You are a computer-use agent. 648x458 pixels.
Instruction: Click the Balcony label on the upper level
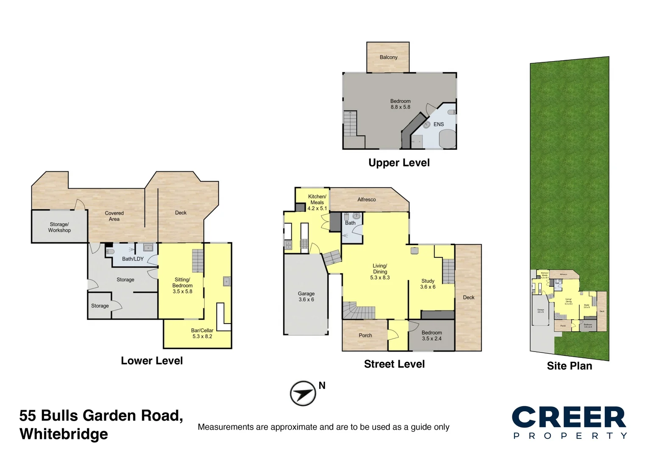tap(388, 57)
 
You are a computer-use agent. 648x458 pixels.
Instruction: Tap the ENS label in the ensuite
tap(439, 124)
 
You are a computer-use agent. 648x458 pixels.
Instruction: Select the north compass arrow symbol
tap(303, 394)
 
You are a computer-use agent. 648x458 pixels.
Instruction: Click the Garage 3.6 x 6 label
tap(306, 296)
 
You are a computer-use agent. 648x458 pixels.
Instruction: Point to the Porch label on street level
tap(365, 335)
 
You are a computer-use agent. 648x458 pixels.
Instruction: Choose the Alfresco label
tap(366, 199)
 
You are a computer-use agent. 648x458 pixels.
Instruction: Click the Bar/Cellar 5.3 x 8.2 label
tap(202, 333)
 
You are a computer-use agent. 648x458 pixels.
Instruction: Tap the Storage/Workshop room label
tap(59, 227)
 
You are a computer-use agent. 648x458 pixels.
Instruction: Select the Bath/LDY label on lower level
tap(133, 259)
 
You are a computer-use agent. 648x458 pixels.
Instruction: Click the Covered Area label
tap(114, 216)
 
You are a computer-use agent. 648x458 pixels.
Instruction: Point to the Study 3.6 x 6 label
tap(428, 284)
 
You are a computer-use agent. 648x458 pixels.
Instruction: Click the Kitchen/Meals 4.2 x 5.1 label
tap(317, 202)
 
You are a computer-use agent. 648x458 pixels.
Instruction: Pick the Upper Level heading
tap(399, 163)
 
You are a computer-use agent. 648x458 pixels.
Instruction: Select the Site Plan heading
tap(569, 366)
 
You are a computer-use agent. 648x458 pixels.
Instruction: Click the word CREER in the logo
tap(569, 417)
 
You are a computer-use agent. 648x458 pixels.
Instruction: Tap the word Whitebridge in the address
tap(64, 434)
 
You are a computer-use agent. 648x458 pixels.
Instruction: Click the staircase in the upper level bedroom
tap(350, 123)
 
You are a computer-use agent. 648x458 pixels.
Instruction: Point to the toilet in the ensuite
tap(452, 112)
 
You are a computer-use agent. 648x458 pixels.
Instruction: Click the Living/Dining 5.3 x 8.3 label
tap(380, 271)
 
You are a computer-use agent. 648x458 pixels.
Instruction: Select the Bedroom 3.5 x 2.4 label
tap(431, 335)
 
